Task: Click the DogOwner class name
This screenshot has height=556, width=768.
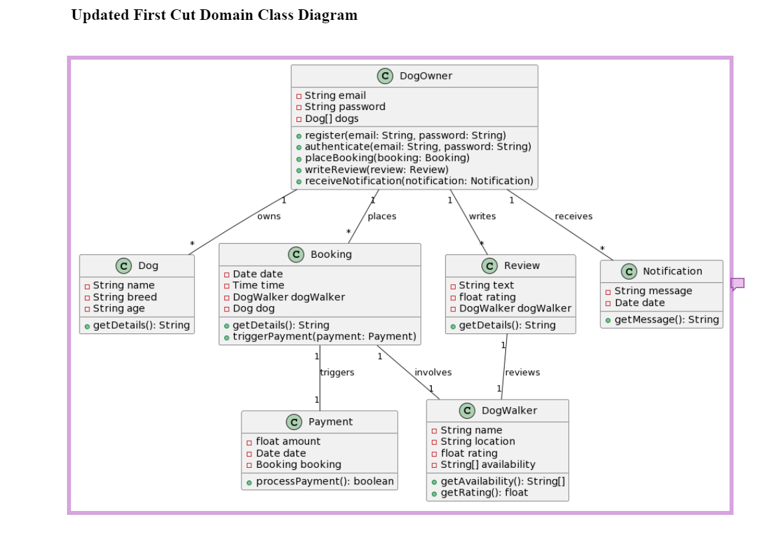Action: coord(425,76)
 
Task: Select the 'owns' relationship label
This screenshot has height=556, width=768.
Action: coord(269,216)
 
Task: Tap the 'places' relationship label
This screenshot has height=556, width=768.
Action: coord(382,216)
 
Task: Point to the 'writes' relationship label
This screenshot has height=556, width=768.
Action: coord(482,216)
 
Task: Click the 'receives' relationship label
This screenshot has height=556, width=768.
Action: coord(574,216)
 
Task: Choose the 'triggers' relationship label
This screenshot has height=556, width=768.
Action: coord(337,372)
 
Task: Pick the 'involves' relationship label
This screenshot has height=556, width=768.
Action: coord(433,372)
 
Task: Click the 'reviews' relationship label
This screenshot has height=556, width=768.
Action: coord(523,372)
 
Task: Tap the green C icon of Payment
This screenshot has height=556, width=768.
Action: coord(294,422)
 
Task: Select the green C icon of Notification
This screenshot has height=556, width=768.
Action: coord(629,272)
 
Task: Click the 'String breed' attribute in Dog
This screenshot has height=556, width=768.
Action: coord(125,297)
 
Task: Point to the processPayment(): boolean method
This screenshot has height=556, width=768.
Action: coord(324,481)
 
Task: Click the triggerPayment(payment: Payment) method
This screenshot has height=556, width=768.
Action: coord(324,337)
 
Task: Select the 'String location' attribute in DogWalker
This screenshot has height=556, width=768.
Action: coord(478,441)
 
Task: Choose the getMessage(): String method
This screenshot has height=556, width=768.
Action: coord(667,319)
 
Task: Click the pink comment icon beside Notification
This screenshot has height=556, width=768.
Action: coord(737,284)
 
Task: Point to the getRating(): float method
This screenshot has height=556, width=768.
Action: coord(484,492)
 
